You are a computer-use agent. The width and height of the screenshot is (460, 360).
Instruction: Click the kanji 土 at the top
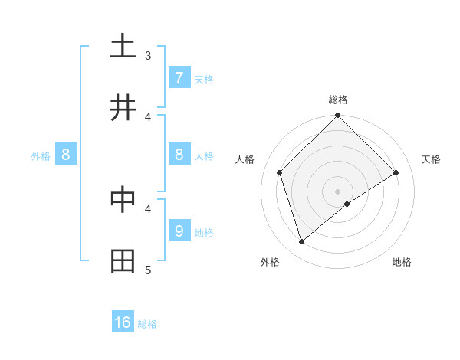123,46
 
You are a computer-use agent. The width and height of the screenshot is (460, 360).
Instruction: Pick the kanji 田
123,261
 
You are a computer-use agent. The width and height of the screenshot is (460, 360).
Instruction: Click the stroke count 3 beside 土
148,55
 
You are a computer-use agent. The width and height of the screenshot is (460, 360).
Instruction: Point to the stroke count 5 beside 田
148,270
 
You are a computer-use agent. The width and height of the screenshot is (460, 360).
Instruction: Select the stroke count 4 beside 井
148,116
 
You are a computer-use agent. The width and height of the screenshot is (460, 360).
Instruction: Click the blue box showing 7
179,77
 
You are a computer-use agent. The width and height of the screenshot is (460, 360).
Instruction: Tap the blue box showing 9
179,231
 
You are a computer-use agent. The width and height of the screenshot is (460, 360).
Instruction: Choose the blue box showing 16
123,322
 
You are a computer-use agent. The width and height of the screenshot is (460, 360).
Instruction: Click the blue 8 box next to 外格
66,155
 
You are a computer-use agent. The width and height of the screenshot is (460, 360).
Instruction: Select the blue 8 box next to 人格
179,155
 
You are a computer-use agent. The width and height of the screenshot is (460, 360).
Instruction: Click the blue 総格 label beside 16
147,324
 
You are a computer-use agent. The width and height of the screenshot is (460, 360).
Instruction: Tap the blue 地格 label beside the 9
204,232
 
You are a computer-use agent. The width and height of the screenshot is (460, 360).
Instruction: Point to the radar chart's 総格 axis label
338,100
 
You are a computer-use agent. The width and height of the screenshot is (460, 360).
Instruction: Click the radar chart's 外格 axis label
270,262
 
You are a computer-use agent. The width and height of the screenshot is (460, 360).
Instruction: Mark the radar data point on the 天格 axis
396,172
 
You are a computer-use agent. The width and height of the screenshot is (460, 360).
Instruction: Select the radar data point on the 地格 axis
347,204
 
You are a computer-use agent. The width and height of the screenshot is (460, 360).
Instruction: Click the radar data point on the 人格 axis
280,172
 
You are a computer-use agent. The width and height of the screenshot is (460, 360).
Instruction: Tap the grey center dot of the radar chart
338,191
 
